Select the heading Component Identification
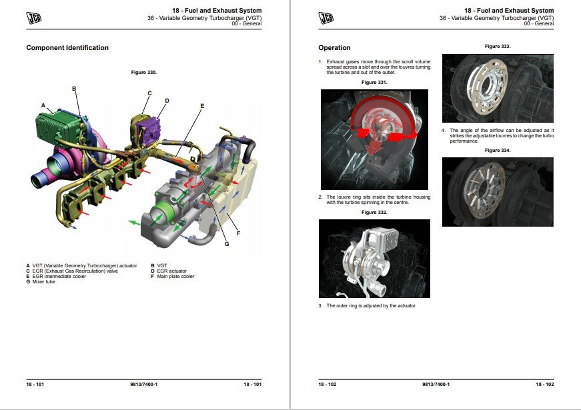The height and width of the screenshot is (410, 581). pos(67,48)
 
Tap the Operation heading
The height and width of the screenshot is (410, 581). pos(334,48)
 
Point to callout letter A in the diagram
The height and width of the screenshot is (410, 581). pos(43,105)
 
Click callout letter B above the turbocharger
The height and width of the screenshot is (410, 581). pos(74,89)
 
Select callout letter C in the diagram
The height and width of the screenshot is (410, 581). pos(149,93)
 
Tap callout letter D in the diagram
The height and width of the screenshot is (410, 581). pos(167,101)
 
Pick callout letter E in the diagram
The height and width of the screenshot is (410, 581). pos(201,106)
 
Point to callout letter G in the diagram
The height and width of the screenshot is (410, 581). pos(226,243)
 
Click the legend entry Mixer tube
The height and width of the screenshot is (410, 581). pos(42,282)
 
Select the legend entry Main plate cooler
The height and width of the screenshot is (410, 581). pos(175,277)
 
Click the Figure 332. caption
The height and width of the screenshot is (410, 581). pos(374,212)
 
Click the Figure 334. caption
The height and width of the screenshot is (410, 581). pos(497,151)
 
